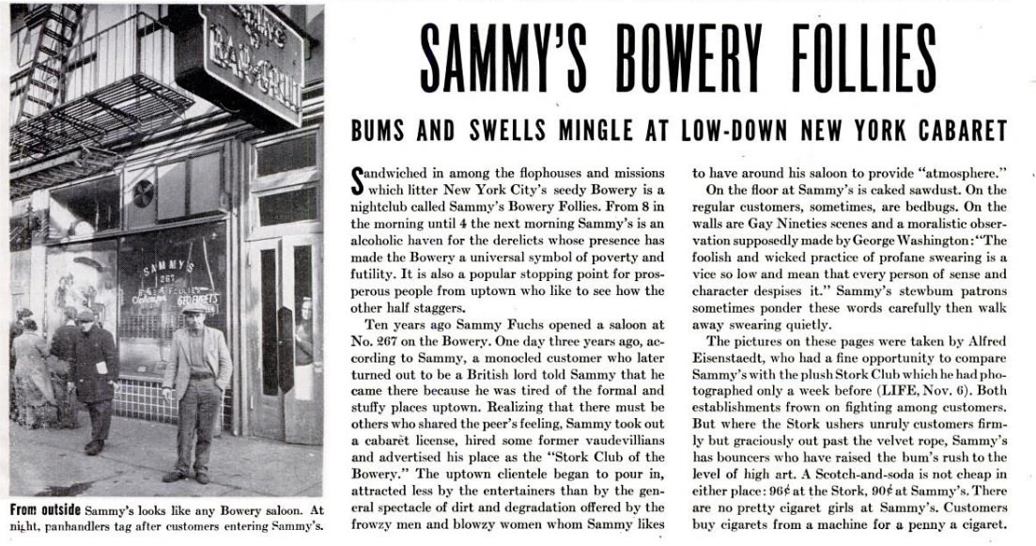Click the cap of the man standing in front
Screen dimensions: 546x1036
click(193, 307)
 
